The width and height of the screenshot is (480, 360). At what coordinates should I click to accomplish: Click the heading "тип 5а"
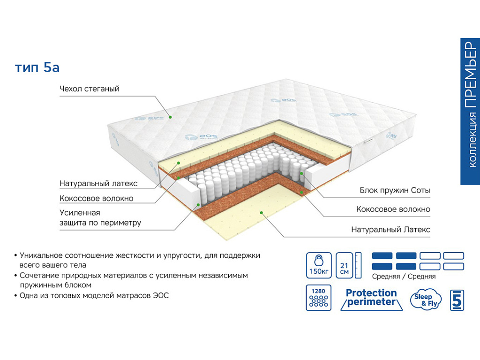(x=37, y=67)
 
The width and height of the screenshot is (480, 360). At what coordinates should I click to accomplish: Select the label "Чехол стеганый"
(x=90, y=89)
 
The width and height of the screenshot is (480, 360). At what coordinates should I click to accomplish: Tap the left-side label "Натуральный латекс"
(x=98, y=183)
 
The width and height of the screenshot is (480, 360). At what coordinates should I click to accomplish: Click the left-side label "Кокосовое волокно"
(x=96, y=198)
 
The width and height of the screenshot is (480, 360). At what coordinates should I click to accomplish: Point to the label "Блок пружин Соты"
(x=395, y=191)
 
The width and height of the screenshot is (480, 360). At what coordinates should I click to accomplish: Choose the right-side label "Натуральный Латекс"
(x=390, y=230)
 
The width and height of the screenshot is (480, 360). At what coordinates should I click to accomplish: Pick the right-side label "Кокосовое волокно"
(x=393, y=210)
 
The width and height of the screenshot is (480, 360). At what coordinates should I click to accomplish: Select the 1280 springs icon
(x=318, y=298)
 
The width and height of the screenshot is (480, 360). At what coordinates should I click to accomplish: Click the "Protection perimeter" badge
(x=371, y=298)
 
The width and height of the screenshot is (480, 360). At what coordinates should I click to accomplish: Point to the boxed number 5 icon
(x=457, y=300)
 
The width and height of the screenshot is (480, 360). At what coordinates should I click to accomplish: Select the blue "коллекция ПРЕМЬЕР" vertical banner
(x=470, y=111)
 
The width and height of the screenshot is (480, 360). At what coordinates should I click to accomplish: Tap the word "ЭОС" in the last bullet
(x=160, y=296)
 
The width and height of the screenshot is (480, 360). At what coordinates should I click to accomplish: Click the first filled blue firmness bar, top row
(x=382, y=256)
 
